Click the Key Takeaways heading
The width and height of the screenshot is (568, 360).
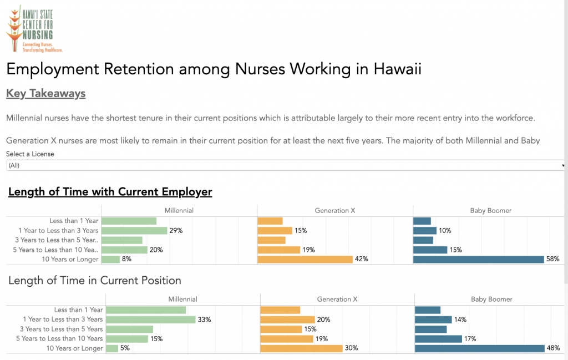45,93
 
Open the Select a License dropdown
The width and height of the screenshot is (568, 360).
285,165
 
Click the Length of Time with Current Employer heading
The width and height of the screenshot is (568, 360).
110,192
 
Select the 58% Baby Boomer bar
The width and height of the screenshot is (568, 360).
478,259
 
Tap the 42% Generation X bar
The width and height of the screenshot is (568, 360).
305,259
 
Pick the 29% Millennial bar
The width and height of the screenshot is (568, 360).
135,230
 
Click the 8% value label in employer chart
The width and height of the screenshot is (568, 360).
127,259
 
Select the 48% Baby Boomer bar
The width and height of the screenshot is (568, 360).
479,348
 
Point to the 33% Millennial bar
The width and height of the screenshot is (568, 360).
150,320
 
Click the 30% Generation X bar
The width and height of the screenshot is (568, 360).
301,348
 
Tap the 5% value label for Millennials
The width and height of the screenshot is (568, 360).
126,348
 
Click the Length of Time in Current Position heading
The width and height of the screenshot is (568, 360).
94,281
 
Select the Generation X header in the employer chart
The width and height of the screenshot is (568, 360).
335,210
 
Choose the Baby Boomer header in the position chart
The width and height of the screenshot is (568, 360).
491,299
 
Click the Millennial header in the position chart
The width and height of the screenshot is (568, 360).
182,299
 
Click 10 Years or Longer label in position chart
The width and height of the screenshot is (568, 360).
74,348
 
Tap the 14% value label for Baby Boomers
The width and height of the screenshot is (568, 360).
460,320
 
